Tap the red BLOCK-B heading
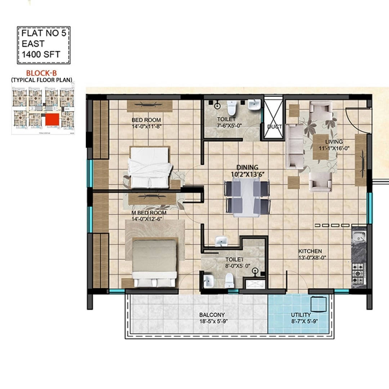tap(42, 73)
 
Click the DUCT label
tap(274, 127)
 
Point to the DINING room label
tap(247, 167)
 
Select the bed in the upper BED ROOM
tap(149, 167)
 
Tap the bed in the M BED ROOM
tap(155, 263)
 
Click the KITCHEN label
tap(310, 251)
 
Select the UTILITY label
tap(301, 315)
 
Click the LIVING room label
tap(334, 142)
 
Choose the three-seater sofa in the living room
tap(294, 146)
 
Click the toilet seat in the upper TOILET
tap(231, 107)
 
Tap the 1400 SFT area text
tap(41, 55)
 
